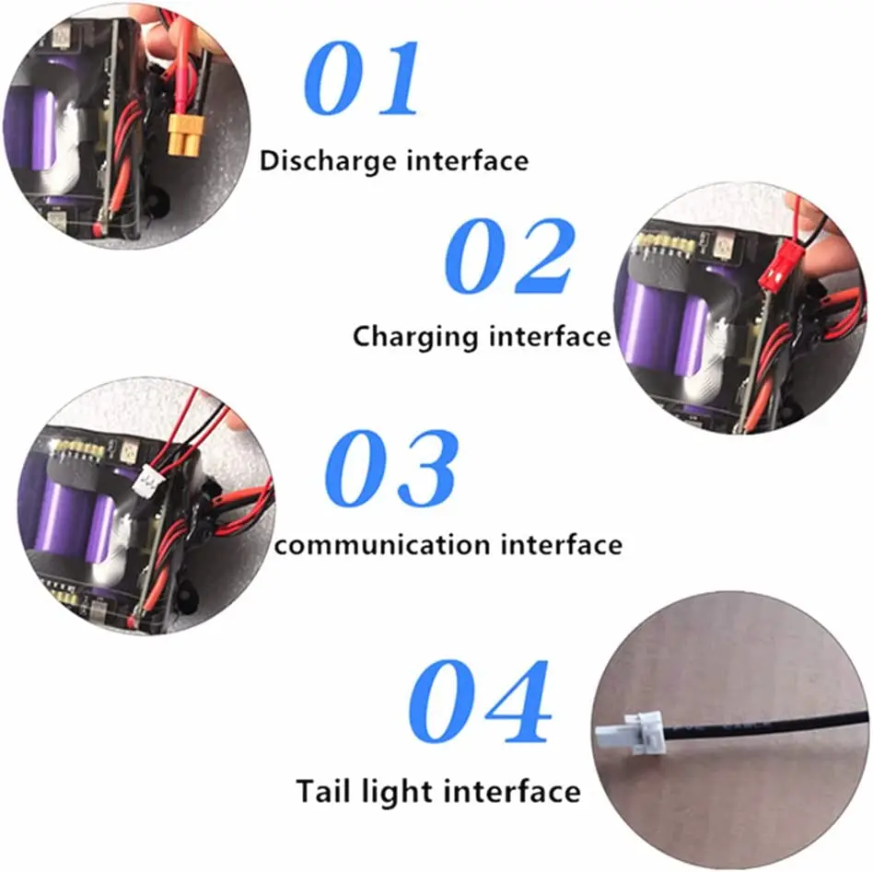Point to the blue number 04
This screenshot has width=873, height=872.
[479, 703]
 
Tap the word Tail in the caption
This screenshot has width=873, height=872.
[319, 791]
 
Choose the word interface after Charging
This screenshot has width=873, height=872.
[550, 336]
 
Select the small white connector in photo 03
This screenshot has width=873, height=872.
[145, 482]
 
